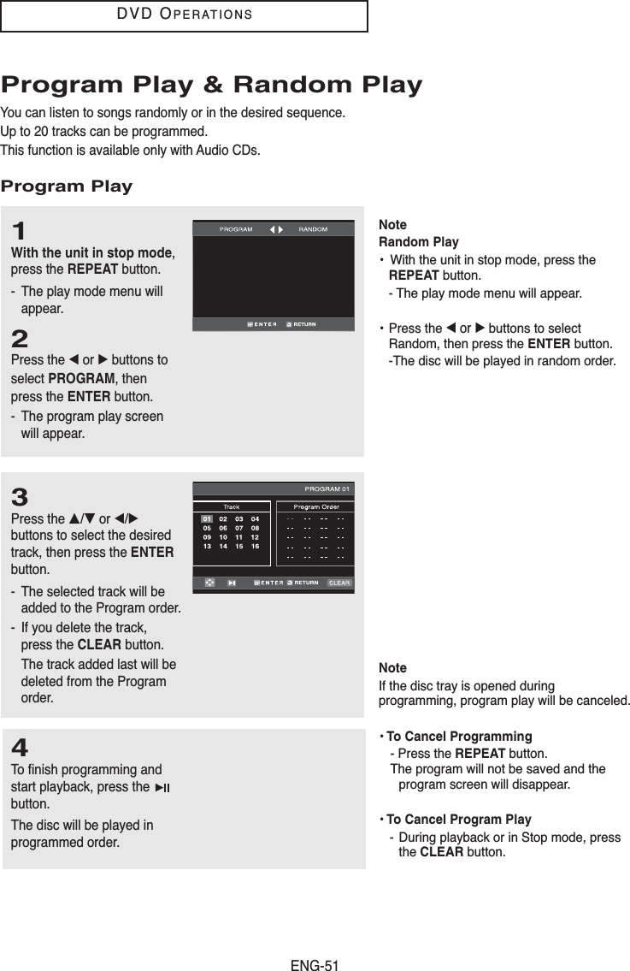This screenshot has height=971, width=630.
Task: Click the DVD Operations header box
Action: click(184, 16)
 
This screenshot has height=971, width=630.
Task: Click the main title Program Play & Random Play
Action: click(212, 84)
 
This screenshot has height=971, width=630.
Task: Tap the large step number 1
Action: click(19, 231)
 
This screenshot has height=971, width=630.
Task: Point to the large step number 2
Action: click(20, 339)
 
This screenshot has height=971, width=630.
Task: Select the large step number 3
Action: click(20, 497)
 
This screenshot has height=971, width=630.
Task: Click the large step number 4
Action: click(20, 748)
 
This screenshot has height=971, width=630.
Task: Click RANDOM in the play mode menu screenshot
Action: click(313, 229)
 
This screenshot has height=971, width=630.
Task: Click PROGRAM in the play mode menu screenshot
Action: click(236, 229)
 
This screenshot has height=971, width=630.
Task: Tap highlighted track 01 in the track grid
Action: click(207, 519)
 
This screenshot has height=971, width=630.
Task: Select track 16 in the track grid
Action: click(255, 546)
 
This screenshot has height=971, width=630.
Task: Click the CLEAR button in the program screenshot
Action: click(339, 583)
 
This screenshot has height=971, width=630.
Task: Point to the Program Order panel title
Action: click(316, 506)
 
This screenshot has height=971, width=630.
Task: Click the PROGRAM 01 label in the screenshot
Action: click(327, 488)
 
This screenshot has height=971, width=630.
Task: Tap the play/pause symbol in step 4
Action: click(162, 788)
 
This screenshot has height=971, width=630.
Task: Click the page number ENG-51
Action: click(315, 965)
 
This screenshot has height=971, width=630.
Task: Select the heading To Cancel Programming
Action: click(459, 737)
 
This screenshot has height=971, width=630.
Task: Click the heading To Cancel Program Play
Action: click(459, 820)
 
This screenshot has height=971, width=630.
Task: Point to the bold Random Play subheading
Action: click(418, 242)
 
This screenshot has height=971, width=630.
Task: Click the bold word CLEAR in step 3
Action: click(99, 645)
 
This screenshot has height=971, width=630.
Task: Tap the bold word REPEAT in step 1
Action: click(93, 269)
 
